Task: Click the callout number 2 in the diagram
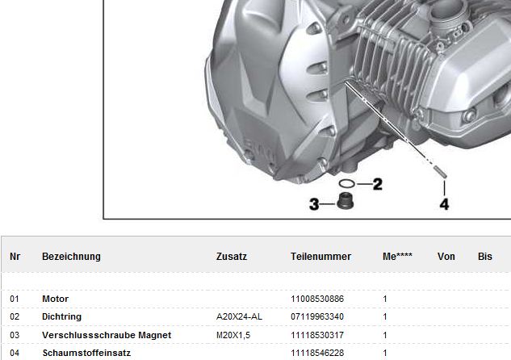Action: coord(377,184)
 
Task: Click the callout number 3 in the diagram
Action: coord(314,204)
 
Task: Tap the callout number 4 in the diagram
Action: coord(444,204)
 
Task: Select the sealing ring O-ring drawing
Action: coord(347,184)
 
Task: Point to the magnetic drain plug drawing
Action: coord(346,201)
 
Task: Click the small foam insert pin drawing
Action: coord(440,172)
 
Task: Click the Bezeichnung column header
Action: coord(71,257)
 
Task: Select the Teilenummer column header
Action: coord(320,257)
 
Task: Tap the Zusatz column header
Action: coord(232,257)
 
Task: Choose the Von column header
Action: coord(446,257)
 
